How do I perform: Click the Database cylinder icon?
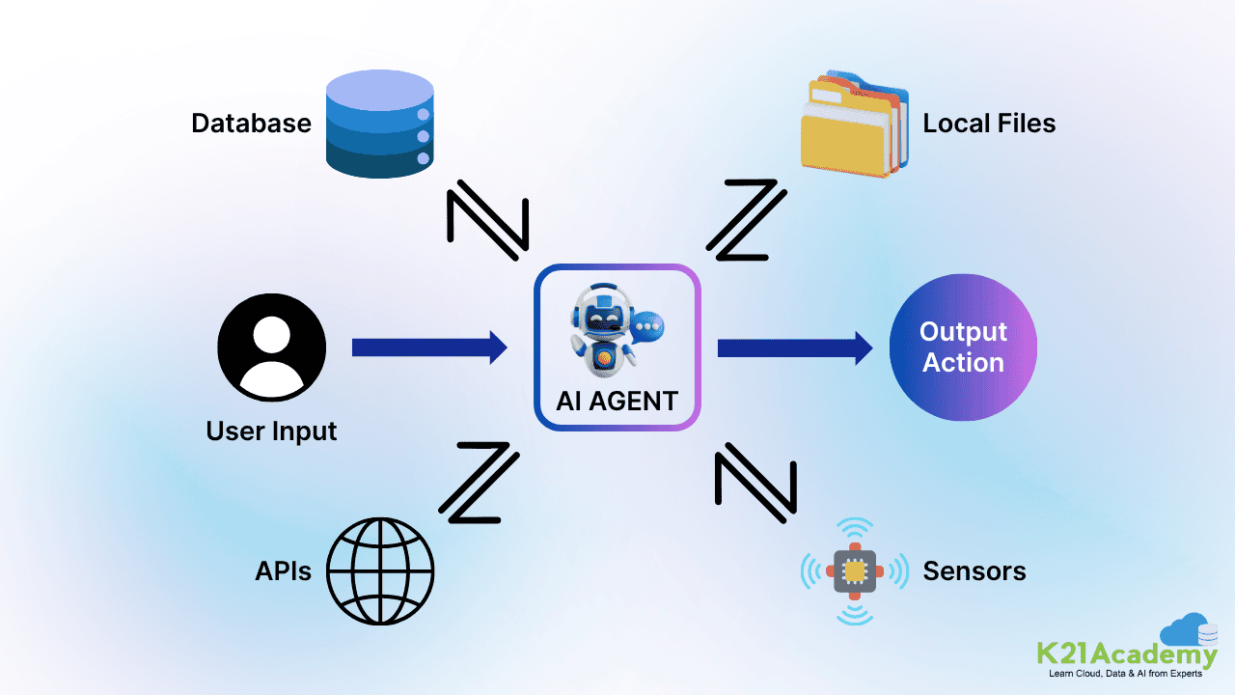[x=379, y=124]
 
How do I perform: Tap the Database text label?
[x=251, y=124]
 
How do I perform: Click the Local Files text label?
[x=989, y=124]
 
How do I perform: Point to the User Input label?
[x=271, y=431]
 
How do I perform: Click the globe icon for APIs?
[x=380, y=571]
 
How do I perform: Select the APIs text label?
[x=283, y=571]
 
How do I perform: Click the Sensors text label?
[x=974, y=571]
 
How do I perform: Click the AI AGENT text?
[x=617, y=401]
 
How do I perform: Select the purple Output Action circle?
[x=963, y=347]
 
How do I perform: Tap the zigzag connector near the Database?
[x=487, y=218]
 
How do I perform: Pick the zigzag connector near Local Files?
[x=746, y=219]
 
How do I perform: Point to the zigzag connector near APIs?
[x=479, y=483]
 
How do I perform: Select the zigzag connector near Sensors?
[x=755, y=482]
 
